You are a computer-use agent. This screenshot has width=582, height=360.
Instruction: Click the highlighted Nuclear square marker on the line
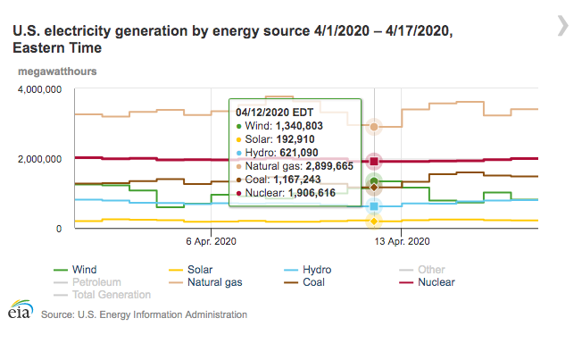[375, 162]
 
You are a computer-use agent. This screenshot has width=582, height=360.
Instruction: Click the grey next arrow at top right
[562, 25]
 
